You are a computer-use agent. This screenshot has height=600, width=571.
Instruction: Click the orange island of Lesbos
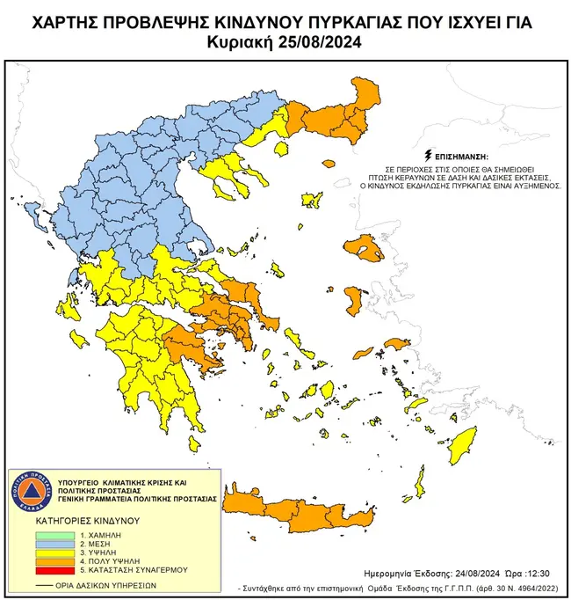click(363, 250)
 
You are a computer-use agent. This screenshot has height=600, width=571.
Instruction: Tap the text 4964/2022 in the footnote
click(530, 585)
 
